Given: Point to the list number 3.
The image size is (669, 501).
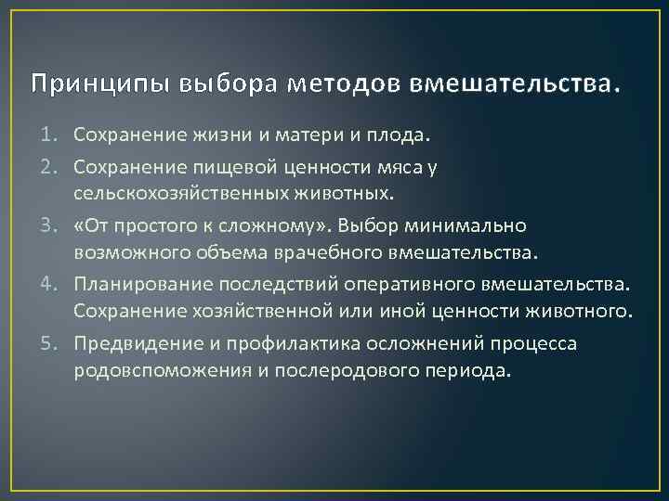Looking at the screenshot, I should (56, 226).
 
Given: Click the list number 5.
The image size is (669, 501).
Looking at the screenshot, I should (56, 343).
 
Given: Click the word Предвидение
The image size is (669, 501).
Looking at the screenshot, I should (133, 343).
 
